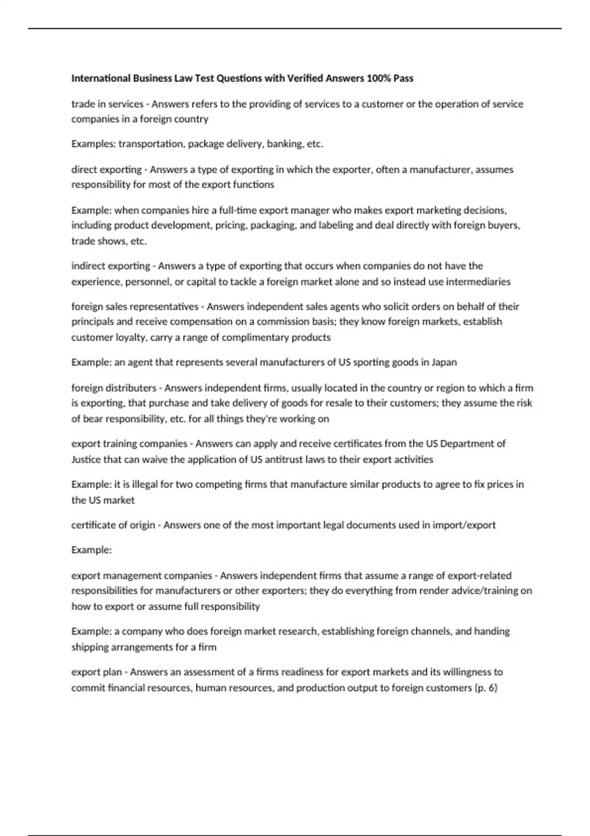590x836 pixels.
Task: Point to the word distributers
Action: pyautogui.click(x=131, y=388)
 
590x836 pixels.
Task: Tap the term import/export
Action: pyautogui.click(x=464, y=525)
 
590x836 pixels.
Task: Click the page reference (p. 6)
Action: pyautogui.click(x=486, y=688)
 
